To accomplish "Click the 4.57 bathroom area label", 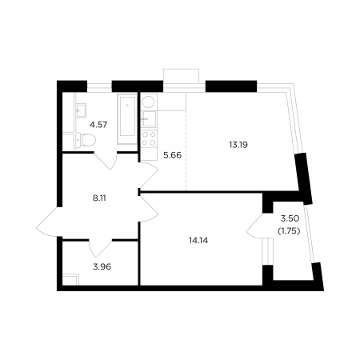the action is pyautogui.click(x=98, y=125).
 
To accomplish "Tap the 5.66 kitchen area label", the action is pyautogui.click(x=172, y=155).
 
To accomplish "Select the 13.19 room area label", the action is pyautogui.click(x=238, y=145).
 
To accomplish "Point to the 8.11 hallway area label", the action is pyautogui.click(x=98, y=198).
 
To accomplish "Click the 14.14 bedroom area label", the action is pyautogui.click(x=198, y=241).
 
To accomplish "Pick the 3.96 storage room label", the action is pyautogui.click(x=102, y=266).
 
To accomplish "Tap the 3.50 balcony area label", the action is pyautogui.click(x=290, y=218).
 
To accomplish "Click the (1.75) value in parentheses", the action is pyautogui.click(x=289, y=231).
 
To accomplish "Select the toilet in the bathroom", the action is pyautogui.click(x=86, y=140).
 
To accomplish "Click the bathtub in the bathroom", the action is pyautogui.click(x=127, y=119).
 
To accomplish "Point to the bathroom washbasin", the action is pyautogui.click(x=81, y=110).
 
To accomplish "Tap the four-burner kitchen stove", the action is pyautogui.click(x=149, y=138).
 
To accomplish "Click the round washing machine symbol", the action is pyautogui.click(x=148, y=102).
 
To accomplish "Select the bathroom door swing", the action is pyautogui.click(x=106, y=161).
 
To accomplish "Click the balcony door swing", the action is pyautogui.click(x=254, y=226).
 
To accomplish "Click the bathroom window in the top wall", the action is pyautogui.click(x=99, y=86).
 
